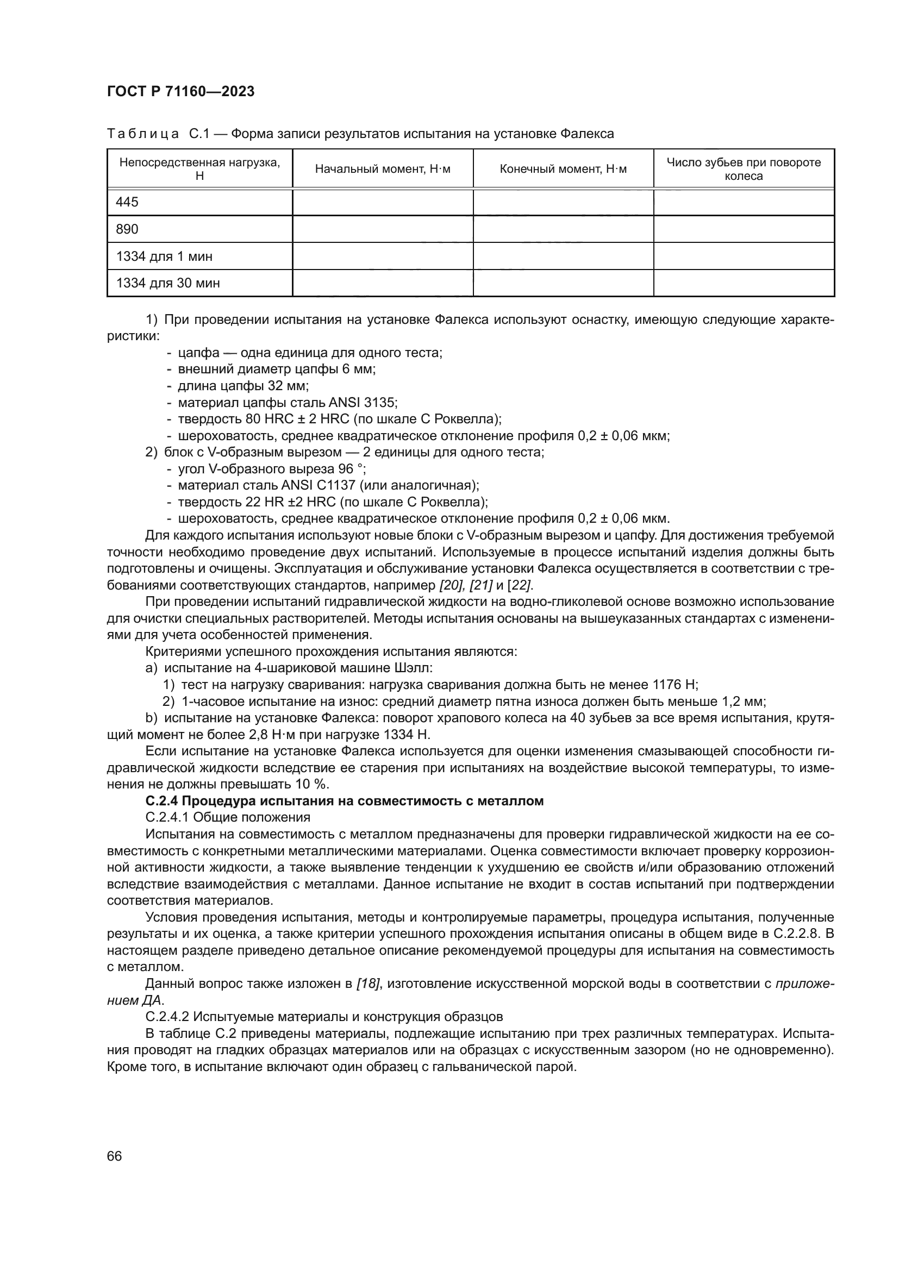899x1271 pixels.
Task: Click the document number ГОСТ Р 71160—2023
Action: (x=180, y=91)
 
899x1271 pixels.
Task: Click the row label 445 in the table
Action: (x=127, y=202)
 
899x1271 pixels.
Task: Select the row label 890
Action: (x=127, y=229)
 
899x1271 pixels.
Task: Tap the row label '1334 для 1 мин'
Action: (x=164, y=256)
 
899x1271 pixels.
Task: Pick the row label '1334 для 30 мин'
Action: (x=168, y=284)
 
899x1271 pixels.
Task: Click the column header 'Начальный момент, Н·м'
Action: (x=383, y=170)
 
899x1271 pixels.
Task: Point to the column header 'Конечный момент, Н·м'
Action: (x=563, y=170)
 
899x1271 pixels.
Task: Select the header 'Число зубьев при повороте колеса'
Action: (x=744, y=170)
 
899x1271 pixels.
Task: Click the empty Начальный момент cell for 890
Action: (x=383, y=229)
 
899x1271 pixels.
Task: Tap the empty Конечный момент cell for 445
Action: (x=563, y=202)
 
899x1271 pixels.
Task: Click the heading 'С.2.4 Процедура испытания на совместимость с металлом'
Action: (x=344, y=801)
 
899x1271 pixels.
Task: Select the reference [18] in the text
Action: (x=367, y=984)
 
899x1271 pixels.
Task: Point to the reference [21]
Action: (x=480, y=585)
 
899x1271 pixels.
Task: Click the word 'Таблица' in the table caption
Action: (x=143, y=134)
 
